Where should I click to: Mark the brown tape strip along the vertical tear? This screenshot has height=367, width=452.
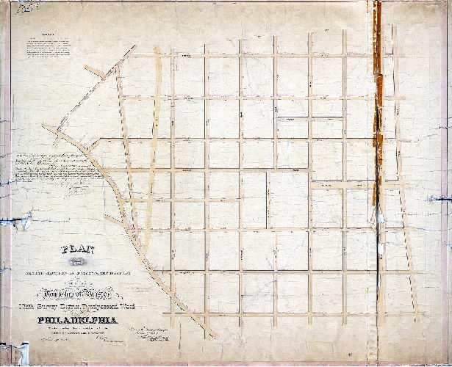tap(376, 103)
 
